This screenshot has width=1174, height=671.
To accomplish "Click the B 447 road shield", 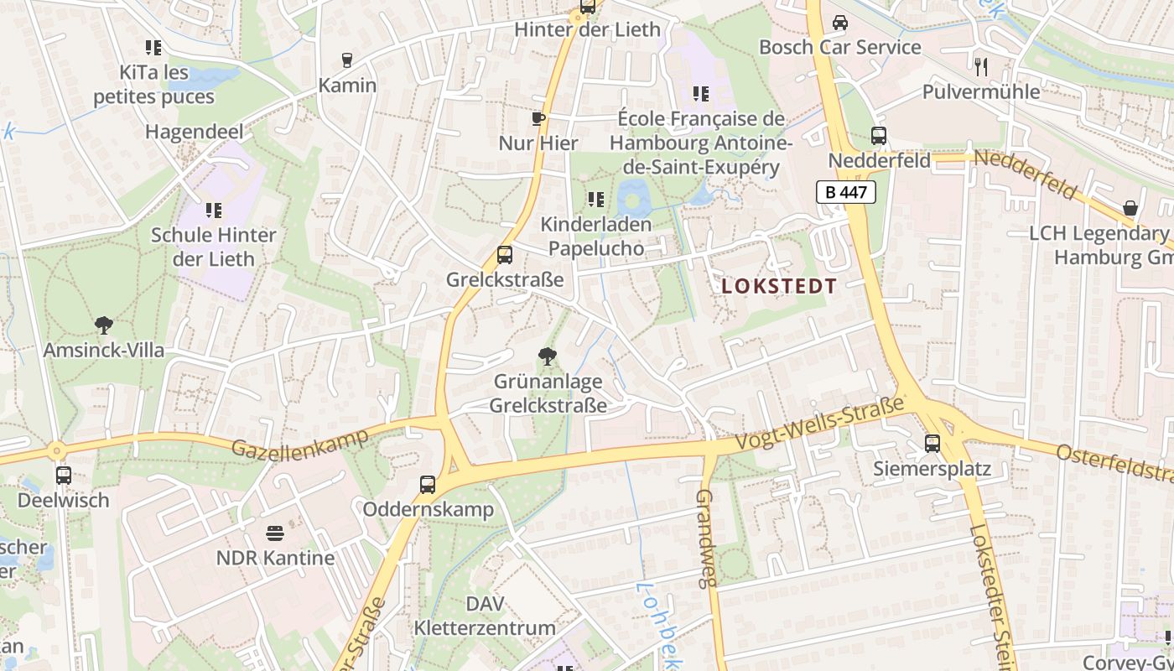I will click(845, 192).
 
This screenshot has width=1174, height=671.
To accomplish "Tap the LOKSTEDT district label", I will click(779, 286).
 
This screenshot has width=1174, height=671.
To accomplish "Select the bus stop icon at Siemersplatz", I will click(932, 444).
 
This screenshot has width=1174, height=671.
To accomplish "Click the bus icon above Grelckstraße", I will click(504, 254).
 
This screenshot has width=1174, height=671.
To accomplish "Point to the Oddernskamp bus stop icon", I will click(428, 484).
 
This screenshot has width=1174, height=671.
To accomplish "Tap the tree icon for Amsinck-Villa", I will click(104, 325).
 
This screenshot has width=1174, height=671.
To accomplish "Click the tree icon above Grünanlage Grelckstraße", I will click(548, 356).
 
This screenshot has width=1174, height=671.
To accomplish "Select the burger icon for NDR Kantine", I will click(275, 533).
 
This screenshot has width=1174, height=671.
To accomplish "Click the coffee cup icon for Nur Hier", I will click(538, 119).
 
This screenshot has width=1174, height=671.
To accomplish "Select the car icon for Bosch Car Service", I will click(839, 23).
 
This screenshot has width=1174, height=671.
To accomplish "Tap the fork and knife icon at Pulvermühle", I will click(981, 66).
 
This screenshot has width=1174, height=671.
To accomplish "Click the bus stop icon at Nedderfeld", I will click(879, 135).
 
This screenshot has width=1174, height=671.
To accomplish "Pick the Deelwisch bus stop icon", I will click(64, 476).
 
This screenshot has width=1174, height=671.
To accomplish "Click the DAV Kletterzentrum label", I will click(485, 616).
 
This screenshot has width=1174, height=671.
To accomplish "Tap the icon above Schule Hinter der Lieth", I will click(213, 210).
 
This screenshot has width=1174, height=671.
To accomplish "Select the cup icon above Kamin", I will click(347, 60).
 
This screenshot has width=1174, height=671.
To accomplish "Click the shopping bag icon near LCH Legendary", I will click(1130, 208).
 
